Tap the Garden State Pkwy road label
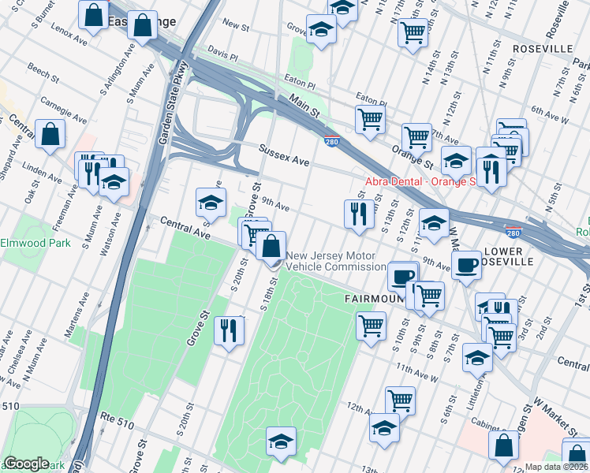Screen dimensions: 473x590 click(x=167, y=103)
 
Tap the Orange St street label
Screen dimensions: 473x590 click(x=413, y=156)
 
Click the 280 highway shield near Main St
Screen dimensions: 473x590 click(x=331, y=141)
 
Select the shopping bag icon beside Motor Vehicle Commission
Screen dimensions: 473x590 click(x=271, y=246)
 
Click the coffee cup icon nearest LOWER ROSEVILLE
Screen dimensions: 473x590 click(x=467, y=264)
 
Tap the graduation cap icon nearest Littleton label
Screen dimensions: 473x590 click(x=477, y=357)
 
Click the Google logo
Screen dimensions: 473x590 click(x=27, y=464)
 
